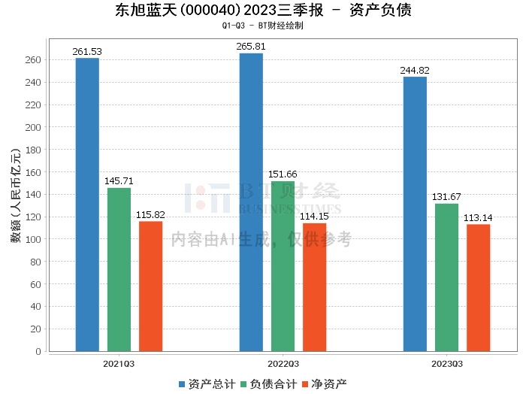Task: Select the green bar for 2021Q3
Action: tap(119, 269)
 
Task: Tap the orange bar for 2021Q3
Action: tap(150, 286)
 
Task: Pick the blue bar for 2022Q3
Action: tap(251, 202)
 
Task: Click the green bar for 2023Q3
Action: tap(446, 277)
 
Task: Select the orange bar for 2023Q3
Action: tap(478, 288)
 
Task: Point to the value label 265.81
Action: tap(251, 47)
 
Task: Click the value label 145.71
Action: tap(119, 181)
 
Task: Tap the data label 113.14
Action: tap(478, 218)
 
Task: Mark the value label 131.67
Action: tap(446, 197)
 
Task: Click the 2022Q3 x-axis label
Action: tap(283, 363)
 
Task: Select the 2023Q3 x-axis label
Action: tap(447, 363)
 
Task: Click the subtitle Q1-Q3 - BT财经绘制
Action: tap(262, 26)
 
